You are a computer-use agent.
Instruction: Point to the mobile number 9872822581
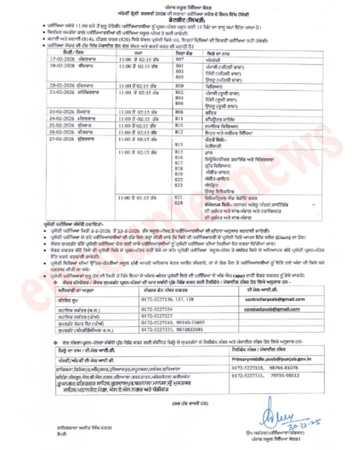click(x=188, y=329)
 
